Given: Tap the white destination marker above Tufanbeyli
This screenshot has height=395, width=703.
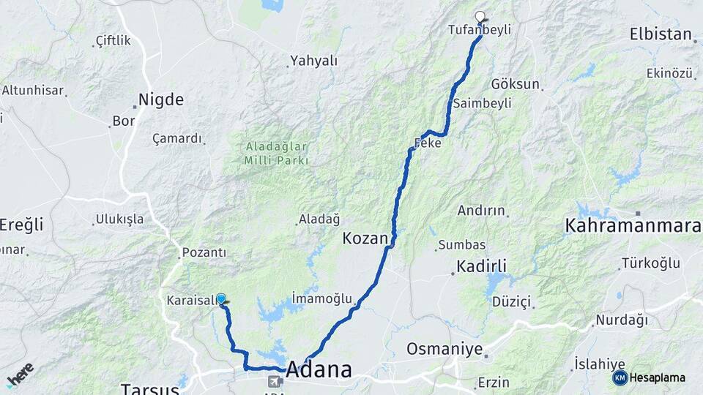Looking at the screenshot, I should click(480, 16).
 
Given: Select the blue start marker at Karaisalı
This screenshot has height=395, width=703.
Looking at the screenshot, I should click(220, 298).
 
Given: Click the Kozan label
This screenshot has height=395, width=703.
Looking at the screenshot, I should click(364, 238).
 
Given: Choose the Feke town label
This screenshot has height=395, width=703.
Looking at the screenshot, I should click(428, 143).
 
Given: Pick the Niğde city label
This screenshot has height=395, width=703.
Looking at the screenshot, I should click(161, 99).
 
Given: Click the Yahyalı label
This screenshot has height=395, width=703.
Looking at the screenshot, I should click(313, 61).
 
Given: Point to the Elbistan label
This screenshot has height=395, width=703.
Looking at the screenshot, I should click(660, 34).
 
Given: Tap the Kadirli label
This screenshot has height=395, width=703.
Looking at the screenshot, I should click(481, 265).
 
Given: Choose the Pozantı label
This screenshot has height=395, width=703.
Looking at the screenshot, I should click(204, 252).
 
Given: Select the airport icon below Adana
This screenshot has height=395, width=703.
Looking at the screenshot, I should click(275, 381).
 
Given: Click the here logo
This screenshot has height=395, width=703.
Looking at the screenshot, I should click(21, 374).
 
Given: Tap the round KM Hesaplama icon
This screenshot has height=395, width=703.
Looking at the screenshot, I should click(620, 377).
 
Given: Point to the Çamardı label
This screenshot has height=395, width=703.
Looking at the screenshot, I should click(176, 138).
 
